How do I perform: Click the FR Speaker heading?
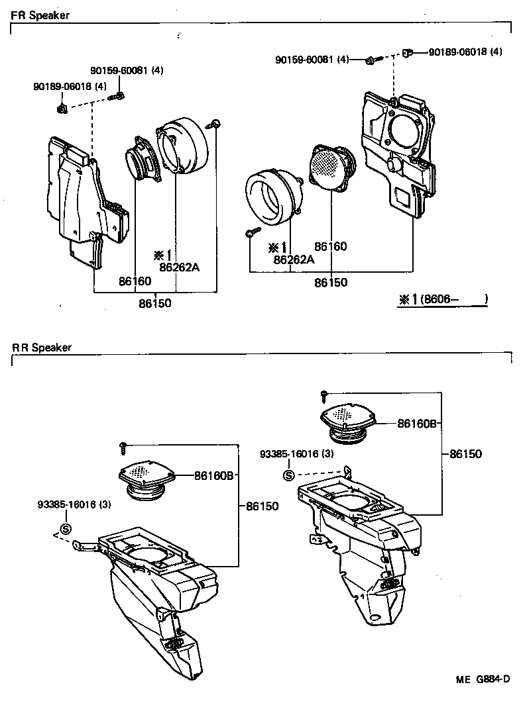[x=40, y=15]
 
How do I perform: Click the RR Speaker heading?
[x=41, y=348]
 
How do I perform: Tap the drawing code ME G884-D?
[x=483, y=679]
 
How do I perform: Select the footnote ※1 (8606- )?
[x=443, y=300]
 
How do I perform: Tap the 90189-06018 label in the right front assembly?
[x=465, y=52]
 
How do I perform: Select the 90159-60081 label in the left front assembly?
[x=127, y=71]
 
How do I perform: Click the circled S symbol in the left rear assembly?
[x=65, y=528]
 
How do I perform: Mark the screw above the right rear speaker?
[x=324, y=396]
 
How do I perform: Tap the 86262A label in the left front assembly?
[x=179, y=267]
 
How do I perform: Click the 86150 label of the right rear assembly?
[x=466, y=454]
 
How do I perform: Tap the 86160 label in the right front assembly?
[x=330, y=246]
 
